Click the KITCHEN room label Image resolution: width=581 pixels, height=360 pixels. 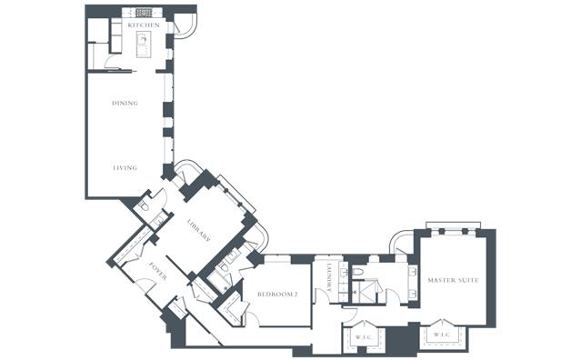point(144,25)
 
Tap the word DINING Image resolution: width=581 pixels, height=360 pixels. point(125,103)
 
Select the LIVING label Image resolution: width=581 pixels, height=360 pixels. point(125,168)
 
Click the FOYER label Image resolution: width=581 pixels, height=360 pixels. point(157,272)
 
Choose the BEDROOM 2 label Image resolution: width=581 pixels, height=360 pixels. point(277,295)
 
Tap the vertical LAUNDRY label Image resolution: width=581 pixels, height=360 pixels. point(328,277)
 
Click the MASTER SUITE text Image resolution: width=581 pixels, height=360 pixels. point(453,280)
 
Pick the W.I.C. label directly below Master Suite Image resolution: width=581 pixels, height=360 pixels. point(442,335)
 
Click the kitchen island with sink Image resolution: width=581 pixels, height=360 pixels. point(144,45)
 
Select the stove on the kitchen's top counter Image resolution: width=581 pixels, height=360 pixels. point(144,13)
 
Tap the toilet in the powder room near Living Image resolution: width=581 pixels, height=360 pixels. point(144,206)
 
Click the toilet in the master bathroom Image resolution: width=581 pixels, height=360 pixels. point(357,272)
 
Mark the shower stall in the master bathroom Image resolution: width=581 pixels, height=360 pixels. point(366,292)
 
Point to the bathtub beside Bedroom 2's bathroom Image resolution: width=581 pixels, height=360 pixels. point(217,282)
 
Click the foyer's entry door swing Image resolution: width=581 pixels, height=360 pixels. point(145,285)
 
